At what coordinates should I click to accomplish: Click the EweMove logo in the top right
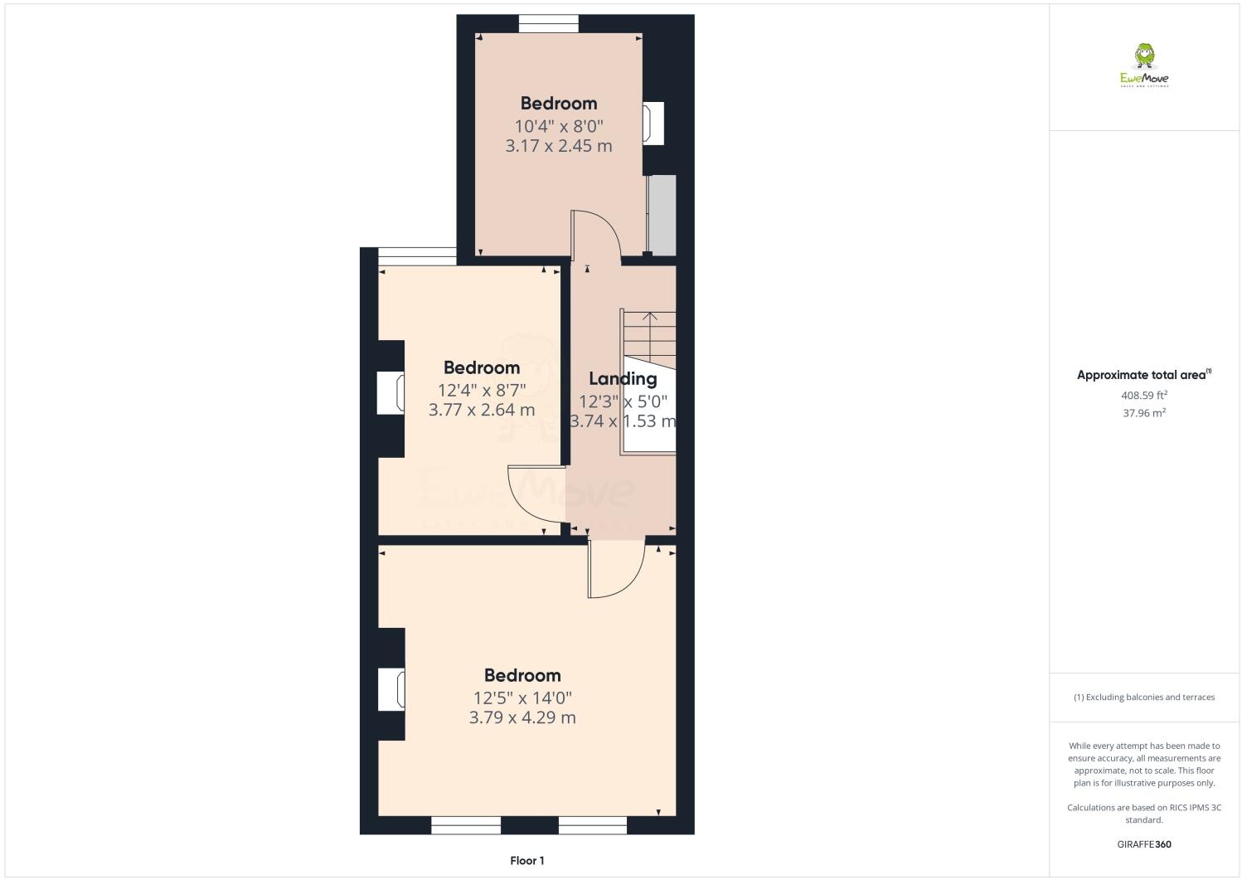[x=1144, y=66]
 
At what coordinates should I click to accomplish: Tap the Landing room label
[x=623, y=379]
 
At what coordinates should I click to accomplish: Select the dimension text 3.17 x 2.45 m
[x=559, y=146]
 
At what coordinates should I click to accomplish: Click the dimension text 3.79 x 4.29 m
[x=522, y=717]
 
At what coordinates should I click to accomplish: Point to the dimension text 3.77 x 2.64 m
[x=482, y=410]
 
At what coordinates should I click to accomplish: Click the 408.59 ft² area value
[x=1144, y=396]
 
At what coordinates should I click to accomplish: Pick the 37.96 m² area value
[x=1144, y=413]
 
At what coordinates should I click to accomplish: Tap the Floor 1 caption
[x=527, y=861]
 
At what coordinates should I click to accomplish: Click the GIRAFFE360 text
[x=1144, y=845]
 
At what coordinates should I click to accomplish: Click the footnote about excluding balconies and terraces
[x=1144, y=697]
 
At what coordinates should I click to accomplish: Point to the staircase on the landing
[x=648, y=336]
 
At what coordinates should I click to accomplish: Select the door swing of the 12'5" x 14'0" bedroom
[x=615, y=571]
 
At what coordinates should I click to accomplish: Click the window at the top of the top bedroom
[x=549, y=24]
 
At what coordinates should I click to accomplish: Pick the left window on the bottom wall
[x=466, y=825]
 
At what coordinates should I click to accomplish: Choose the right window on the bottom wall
[x=593, y=825]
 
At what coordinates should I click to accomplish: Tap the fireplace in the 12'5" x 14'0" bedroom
[x=391, y=690]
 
